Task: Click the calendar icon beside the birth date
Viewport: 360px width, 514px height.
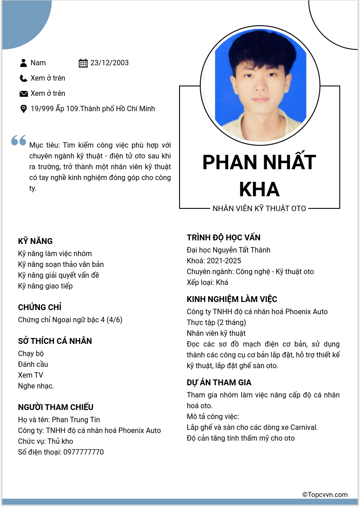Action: (x=83, y=63)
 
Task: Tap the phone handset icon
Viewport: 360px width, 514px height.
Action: (x=23, y=78)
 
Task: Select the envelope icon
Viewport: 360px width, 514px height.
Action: (x=23, y=94)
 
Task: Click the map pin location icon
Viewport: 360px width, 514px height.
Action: (x=23, y=109)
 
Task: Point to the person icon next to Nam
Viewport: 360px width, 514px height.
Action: (x=23, y=63)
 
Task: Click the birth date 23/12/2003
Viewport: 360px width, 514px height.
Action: (x=109, y=63)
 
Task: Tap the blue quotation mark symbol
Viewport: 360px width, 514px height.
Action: (x=19, y=140)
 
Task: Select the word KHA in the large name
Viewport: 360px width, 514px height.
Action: (x=259, y=189)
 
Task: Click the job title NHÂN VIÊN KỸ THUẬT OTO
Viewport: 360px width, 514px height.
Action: (x=259, y=208)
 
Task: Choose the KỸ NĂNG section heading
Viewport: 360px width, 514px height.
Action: (x=35, y=241)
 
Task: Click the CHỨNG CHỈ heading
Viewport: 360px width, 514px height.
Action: (x=40, y=307)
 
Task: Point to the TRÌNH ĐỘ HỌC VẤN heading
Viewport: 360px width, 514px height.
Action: (x=224, y=238)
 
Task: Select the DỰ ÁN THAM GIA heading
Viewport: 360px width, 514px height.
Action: (x=219, y=383)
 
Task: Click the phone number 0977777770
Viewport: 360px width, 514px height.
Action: (x=83, y=452)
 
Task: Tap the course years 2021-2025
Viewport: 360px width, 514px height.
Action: (x=224, y=261)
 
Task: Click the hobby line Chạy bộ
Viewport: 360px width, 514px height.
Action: (x=31, y=354)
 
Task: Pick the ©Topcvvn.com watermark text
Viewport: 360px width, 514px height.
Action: (x=325, y=495)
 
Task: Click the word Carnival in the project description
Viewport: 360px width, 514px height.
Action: (x=304, y=428)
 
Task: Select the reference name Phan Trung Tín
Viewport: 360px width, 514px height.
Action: (x=76, y=420)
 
